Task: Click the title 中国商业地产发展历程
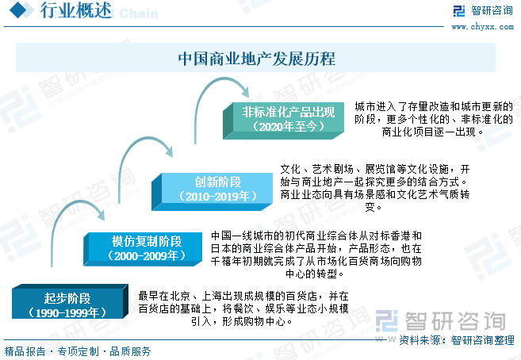click(x=256, y=59)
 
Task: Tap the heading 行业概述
click(x=76, y=10)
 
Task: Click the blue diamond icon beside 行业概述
click(x=18, y=10)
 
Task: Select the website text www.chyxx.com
click(x=482, y=27)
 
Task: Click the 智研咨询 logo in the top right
click(x=483, y=10)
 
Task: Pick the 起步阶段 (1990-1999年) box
click(x=70, y=301)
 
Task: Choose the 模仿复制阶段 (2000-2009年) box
click(x=143, y=249)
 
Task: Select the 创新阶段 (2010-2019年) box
click(x=212, y=192)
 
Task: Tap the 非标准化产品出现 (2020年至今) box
click(x=283, y=121)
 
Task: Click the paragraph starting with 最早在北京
click(x=243, y=308)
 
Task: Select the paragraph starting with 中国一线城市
click(x=316, y=255)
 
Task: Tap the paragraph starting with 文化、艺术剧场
click(x=375, y=188)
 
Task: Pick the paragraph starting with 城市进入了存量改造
click(x=434, y=119)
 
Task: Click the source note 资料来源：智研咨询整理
click(x=457, y=340)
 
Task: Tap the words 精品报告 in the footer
click(x=25, y=351)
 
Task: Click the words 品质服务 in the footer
click(x=130, y=351)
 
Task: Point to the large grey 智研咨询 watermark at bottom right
click(x=441, y=321)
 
